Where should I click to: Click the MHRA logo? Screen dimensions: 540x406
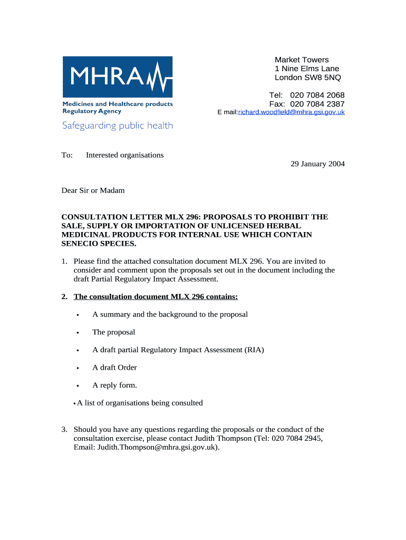pyautogui.click(x=118, y=77)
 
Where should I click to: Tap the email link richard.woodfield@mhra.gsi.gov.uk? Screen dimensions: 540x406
pyautogui.click(x=291, y=112)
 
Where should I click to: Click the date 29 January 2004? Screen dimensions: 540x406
pyautogui.click(x=317, y=164)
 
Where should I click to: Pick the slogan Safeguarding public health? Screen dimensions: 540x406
pyautogui.click(x=118, y=126)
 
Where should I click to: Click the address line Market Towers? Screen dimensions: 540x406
pyautogui.click(x=302, y=60)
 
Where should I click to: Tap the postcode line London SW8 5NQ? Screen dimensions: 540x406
pyautogui.click(x=307, y=78)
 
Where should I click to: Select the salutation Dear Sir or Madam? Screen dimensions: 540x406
pyautogui.click(x=93, y=190)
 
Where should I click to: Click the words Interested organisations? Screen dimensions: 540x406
pyautogui.click(x=125, y=155)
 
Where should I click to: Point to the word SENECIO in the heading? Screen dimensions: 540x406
pyautogui.click(x=80, y=244)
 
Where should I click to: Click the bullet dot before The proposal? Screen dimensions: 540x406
pyautogui.click(x=78, y=333)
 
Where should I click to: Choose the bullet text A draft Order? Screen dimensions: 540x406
pyautogui.click(x=114, y=368)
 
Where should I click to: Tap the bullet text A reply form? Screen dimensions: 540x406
pyautogui.click(x=114, y=385)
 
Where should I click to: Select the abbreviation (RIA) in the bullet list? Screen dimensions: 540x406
pyautogui.click(x=254, y=350)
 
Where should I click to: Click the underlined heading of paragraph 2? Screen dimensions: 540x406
pyautogui.click(x=156, y=297)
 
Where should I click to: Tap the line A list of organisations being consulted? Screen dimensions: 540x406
pyautogui.click(x=140, y=403)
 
